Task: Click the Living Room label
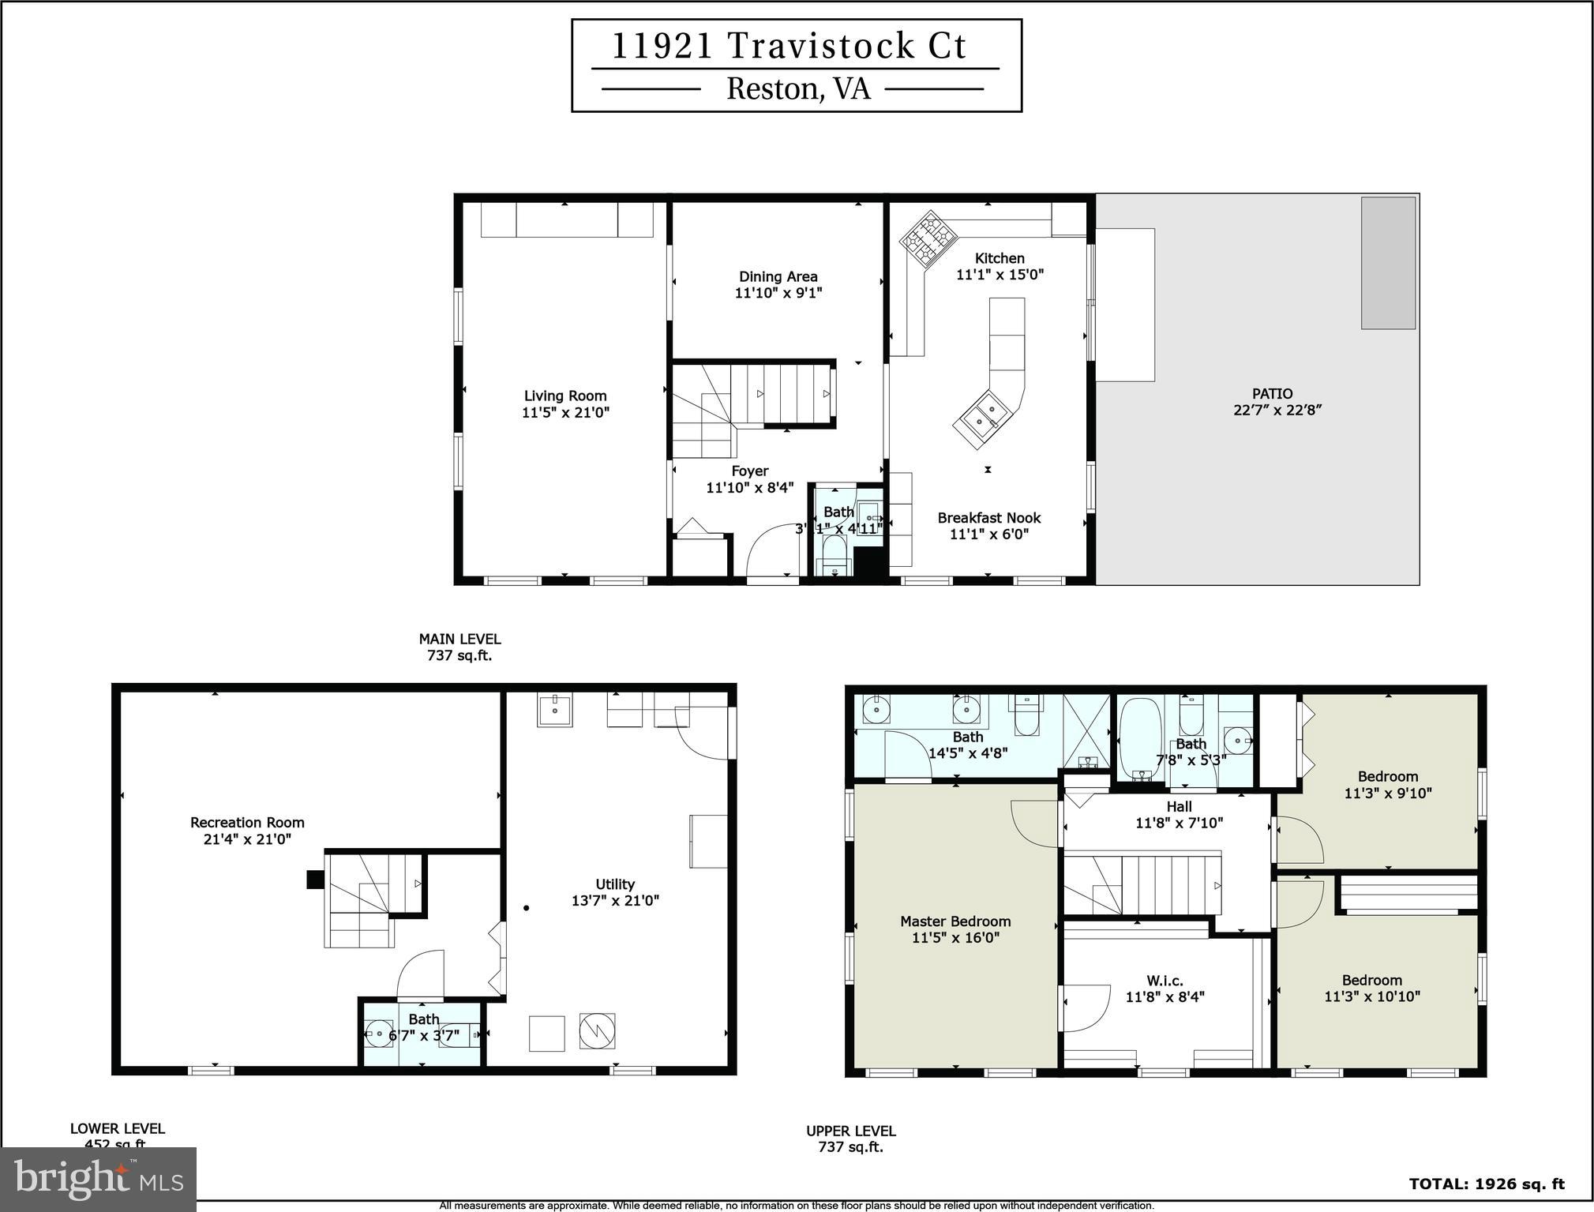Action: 565,396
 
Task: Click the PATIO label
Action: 1272,394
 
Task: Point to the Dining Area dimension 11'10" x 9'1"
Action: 778,293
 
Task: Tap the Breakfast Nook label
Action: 988,518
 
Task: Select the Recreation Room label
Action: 247,823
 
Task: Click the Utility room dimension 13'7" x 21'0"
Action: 615,901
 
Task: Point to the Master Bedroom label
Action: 955,921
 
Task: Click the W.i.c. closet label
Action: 1165,981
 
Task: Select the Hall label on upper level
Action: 1179,806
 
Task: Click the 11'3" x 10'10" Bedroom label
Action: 1372,980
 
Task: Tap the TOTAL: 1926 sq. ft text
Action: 1487,1184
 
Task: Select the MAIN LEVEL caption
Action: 459,640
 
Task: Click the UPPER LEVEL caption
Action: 850,1131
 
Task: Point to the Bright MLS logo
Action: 98,1180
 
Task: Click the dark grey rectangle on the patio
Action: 1387,263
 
